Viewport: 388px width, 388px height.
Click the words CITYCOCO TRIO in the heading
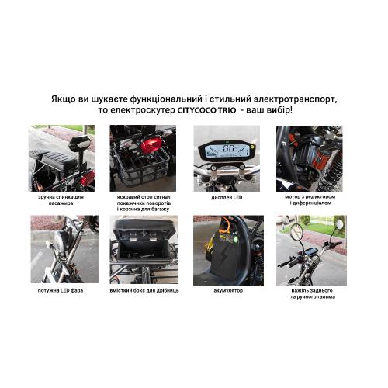[x=206, y=110]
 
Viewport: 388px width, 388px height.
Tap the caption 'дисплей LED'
[x=227, y=197]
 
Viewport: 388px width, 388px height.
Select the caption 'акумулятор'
[x=228, y=290]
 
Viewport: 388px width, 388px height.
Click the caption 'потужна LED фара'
[x=61, y=290]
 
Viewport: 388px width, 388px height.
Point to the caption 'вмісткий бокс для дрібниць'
[x=144, y=290]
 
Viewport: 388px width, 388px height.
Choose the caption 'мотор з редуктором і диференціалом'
[x=310, y=199]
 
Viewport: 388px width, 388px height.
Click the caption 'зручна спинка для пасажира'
[x=61, y=200]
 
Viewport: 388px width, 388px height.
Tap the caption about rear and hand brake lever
[x=312, y=293]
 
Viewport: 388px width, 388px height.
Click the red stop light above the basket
[x=151, y=145]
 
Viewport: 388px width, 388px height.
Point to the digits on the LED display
[x=229, y=148]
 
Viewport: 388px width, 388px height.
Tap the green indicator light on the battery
[x=236, y=239]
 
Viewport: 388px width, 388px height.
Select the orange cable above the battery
[x=225, y=223]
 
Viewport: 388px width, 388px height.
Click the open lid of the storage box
[x=144, y=227]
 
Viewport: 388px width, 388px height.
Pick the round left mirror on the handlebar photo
[x=296, y=230]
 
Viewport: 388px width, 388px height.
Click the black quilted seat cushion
[x=54, y=159]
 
